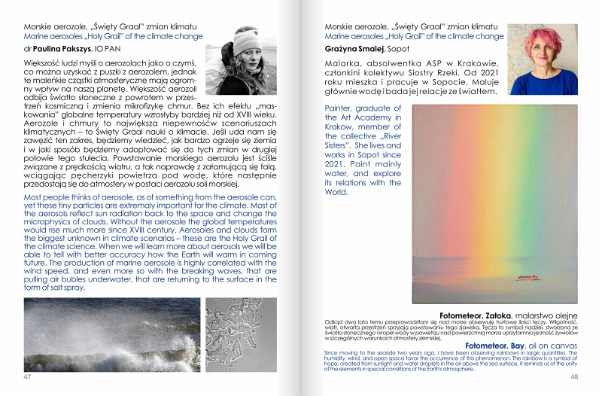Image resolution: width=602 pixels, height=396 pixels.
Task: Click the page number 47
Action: coord(27,376)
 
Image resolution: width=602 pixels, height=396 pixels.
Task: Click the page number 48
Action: coord(574,376)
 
